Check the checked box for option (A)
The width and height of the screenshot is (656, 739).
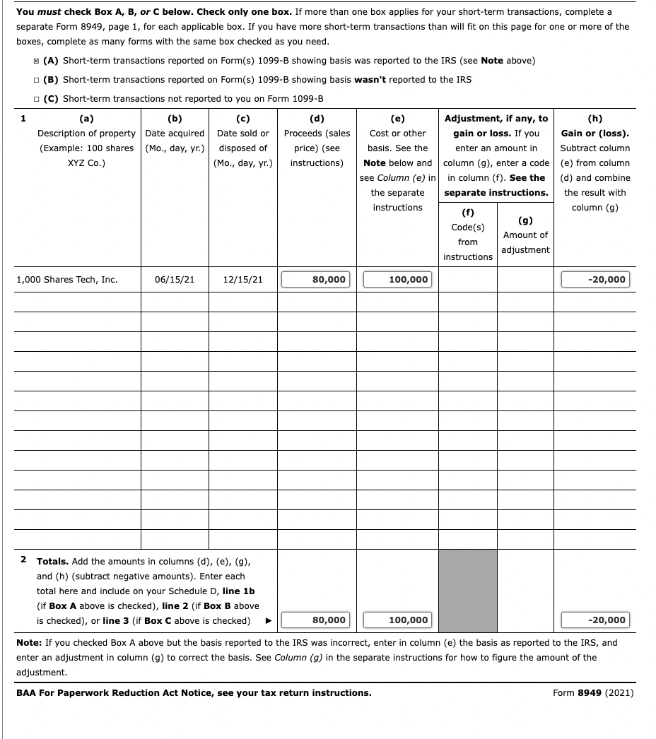(36, 61)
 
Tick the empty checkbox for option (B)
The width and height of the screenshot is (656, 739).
(36, 80)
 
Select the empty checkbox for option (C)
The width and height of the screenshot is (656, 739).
(36, 99)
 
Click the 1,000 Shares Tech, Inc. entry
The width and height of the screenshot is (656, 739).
(66, 280)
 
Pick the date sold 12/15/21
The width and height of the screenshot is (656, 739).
(242, 280)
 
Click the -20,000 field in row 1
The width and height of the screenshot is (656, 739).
(594, 280)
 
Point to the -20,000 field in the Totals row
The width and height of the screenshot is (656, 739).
(594, 620)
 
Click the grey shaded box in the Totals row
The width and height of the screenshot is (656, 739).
(467, 591)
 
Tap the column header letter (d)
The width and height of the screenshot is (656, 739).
(317, 119)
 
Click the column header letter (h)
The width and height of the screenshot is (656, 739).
(594, 119)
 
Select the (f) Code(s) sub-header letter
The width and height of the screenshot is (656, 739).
(467, 212)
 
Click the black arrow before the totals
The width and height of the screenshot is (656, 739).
(268, 621)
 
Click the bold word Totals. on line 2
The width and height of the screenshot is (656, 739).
(52, 562)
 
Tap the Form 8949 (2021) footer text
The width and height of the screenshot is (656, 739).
(592, 692)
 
